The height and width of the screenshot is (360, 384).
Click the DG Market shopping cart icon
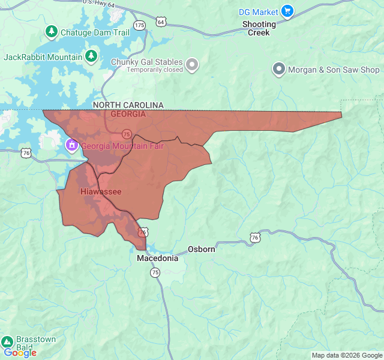click(x=287, y=11)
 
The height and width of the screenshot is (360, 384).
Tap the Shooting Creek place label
click(x=259, y=28)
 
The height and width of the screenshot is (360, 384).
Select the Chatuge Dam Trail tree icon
click(x=52, y=31)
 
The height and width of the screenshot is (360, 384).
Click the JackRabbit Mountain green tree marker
click(x=91, y=56)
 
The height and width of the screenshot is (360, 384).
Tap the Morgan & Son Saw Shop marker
click(x=278, y=70)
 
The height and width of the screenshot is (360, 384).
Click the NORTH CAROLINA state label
click(x=128, y=105)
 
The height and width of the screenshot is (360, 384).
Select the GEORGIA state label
click(x=128, y=114)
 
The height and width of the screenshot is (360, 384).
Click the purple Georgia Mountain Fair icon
click(x=71, y=145)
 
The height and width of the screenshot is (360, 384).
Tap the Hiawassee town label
click(x=101, y=191)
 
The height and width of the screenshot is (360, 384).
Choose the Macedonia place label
click(x=157, y=258)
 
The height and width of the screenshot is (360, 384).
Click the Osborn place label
click(x=201, y=248)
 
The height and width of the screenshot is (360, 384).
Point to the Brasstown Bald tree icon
click(x=7, y=341)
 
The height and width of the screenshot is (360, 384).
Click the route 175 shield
click(x=140, y=25)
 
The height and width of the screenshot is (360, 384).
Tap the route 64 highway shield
click(x=160, y=22)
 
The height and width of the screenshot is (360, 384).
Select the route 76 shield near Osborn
click(x=256, y=238)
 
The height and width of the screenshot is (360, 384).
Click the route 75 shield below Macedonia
click(x=155, y=272)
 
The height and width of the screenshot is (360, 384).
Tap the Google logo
click(x=20, y=353)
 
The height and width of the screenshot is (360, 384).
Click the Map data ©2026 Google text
click(x=347, y=355)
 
